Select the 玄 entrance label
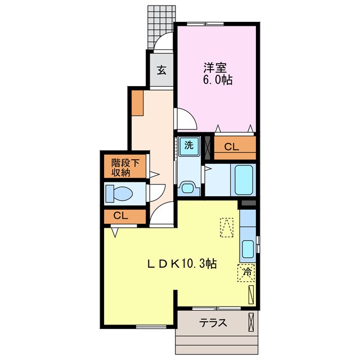(x=161, y=70)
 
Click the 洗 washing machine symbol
(x=189, y=145)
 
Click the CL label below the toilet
(x=120, y=215)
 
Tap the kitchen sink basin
(x=247, y=248)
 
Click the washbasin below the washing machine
(x=188, y=187)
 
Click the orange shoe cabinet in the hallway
(x=138, y=102)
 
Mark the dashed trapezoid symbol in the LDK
(x=227, y=228)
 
